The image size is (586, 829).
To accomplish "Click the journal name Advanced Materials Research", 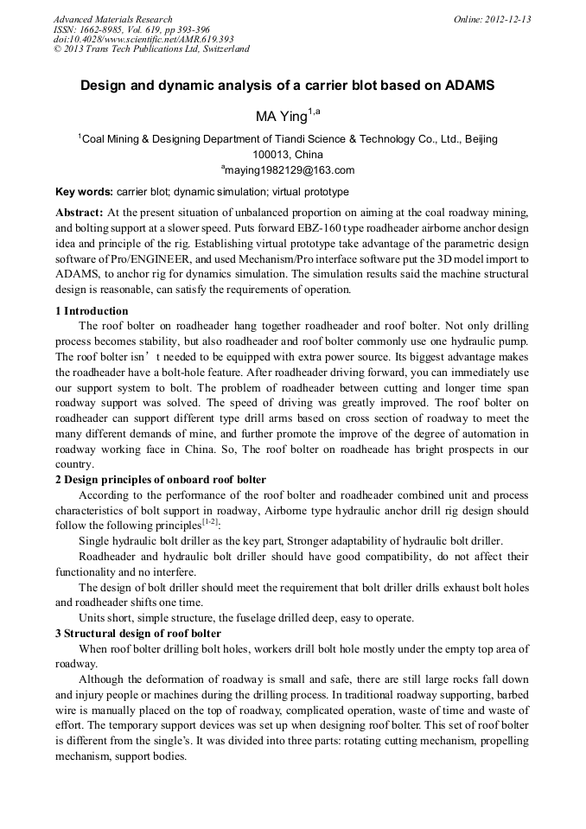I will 112,19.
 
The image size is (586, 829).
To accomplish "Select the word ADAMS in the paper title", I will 469,86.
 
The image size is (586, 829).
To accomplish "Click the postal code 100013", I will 258,154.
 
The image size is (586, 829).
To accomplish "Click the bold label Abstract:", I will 80,213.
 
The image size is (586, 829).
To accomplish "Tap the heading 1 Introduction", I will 92,311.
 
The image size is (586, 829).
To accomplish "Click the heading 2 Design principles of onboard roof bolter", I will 161,480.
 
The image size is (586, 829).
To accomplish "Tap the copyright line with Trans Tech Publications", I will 151,49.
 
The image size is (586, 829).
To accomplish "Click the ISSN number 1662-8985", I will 104,29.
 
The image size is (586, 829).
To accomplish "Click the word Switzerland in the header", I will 223,49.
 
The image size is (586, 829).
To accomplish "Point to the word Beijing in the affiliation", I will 481,138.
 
